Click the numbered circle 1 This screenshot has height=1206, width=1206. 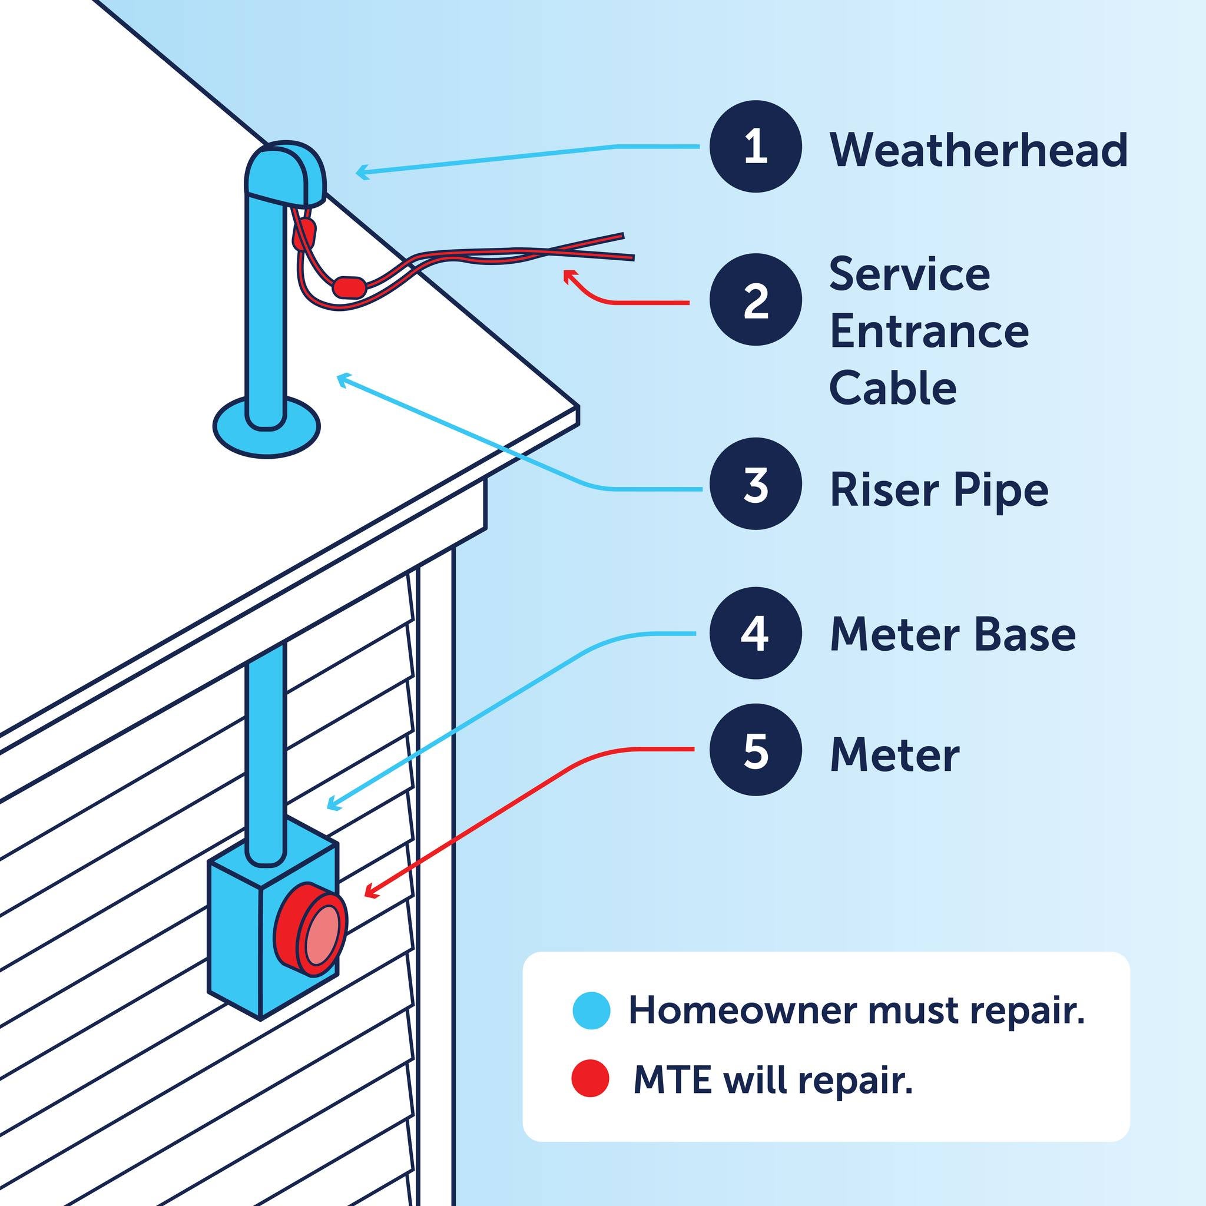tap(756, 146)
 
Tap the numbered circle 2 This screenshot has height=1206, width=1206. tap(756, 300)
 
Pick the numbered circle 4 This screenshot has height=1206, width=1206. tap(756, 633)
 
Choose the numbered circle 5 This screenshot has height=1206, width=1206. tap(756, 750)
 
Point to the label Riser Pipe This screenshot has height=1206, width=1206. tap(939, 491)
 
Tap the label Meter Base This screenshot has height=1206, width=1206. tap(953, 635)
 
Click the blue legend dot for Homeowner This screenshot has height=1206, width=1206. tap(591, 1010)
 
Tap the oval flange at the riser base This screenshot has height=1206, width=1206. tap(267, 428)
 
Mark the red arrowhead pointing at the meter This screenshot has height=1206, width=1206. tap(371, 892)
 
